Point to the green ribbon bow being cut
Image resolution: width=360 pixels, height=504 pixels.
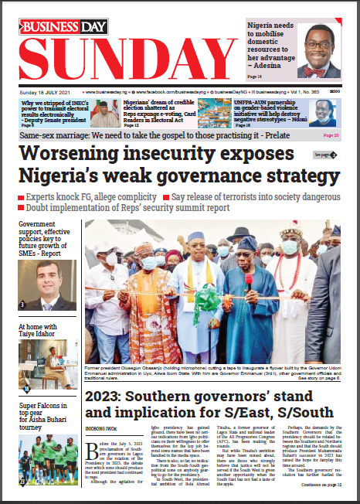(x=206, y=296)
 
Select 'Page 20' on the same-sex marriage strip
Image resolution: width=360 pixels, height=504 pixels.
(x=331, y=135)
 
